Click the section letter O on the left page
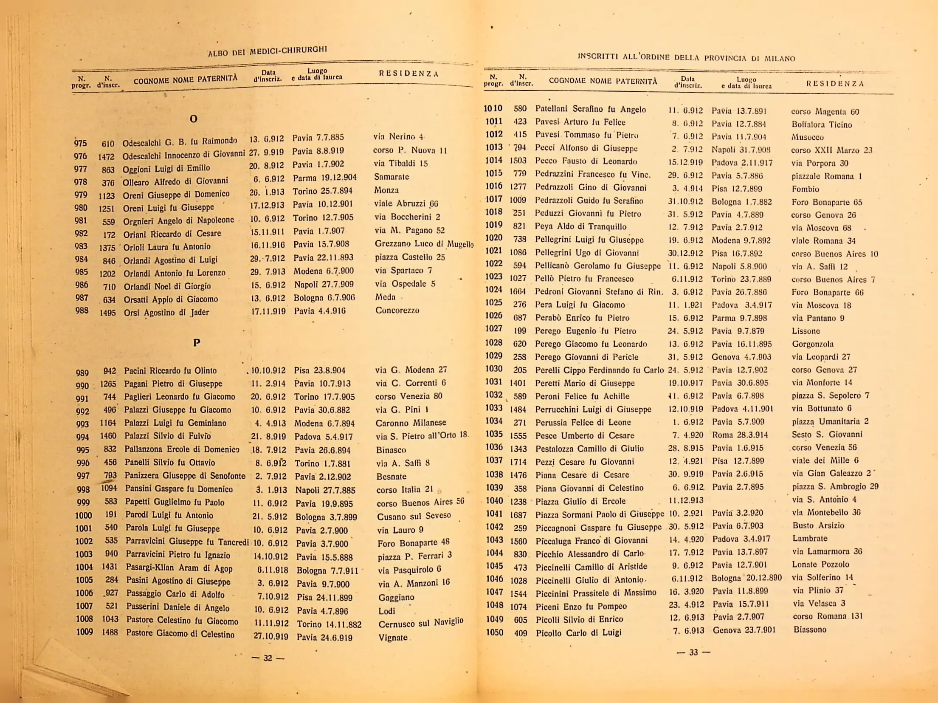[x=193, y=119]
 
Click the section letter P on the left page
[x=196, y=342]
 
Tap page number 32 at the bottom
[x=268, y=658]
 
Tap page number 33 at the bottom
[x=693, y=652]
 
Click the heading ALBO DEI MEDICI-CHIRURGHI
[x=268, y=51]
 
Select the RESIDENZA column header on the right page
[x=835, y=84]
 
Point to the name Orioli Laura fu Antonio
[x=167, y=247]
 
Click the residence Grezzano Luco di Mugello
[x=424, y=244]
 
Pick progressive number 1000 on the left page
[x=84, y=515]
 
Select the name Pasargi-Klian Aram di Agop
[x=179, y=568]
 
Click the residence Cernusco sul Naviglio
[x=420, y=623]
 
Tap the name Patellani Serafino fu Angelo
[x=590, y=109]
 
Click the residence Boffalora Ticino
[x=821, y=124]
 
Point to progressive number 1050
[x=495, y=632]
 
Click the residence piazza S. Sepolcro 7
[x=830, y=395]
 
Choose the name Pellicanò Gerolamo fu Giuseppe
[x=597, y=266]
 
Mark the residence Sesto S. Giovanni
[x=827, y=434]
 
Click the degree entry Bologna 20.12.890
[x=746, y=578]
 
